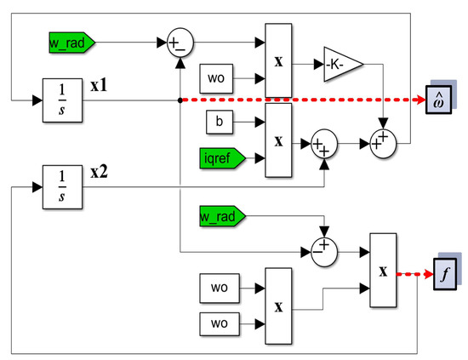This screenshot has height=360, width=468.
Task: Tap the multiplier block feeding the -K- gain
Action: pyautogui.click(x=279, y=60)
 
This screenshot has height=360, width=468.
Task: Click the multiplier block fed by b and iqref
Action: pyautogui.click(x=279, y=140)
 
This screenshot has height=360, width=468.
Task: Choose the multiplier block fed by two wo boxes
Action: pyautogui.click(x=279, y=303)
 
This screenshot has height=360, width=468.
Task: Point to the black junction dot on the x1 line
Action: pyautogui.click(x=179, y=100)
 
